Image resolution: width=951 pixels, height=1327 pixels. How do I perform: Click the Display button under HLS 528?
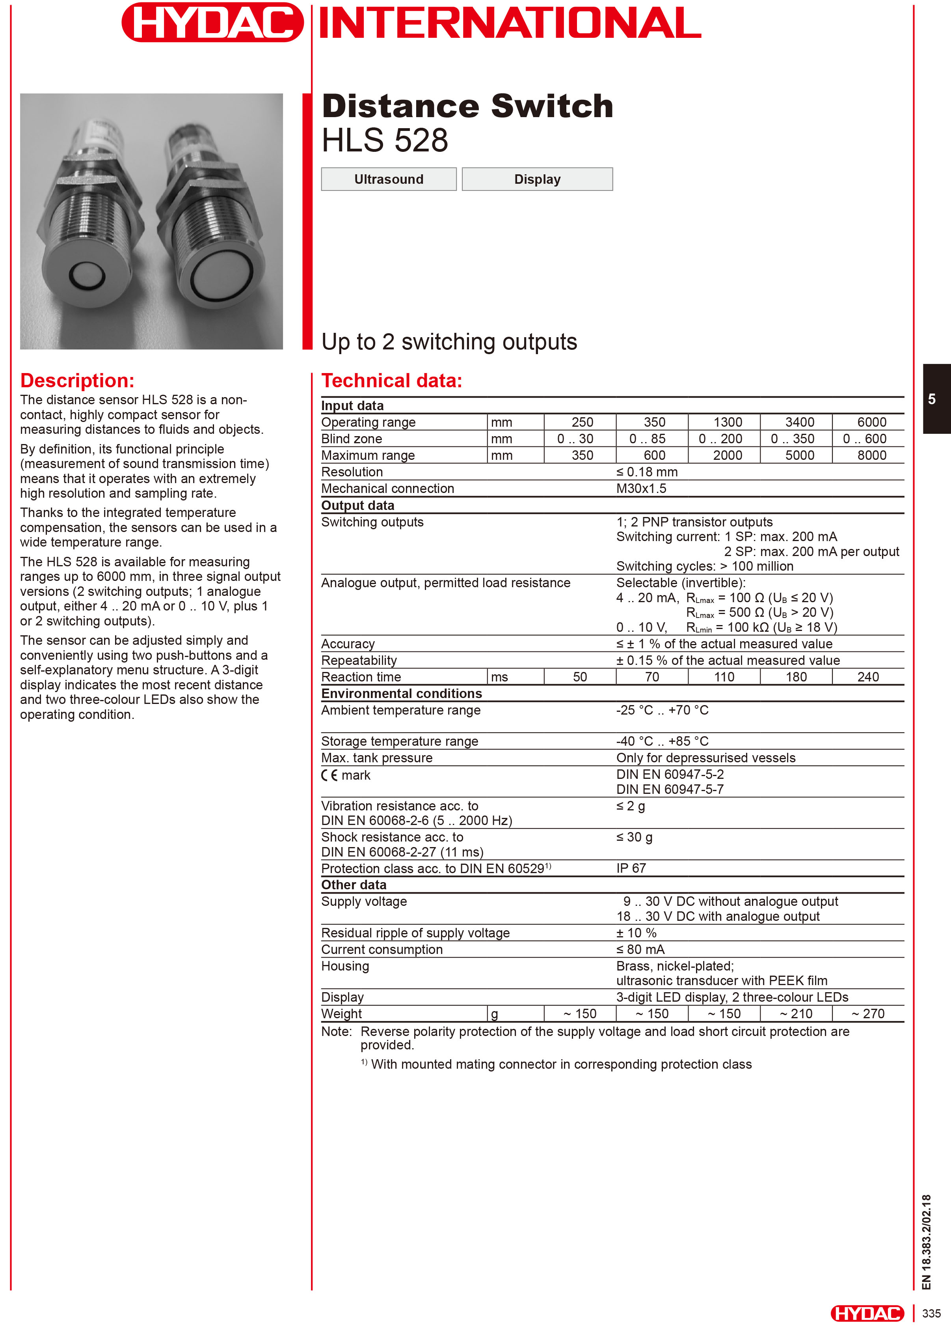[x=537, y=179]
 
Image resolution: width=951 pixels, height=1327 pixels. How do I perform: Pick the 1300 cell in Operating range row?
[x=727, y=422]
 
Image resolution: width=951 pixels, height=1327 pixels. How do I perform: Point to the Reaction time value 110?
[x=724, y=677]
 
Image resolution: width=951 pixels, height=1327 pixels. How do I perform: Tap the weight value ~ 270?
[x=868, y=1013]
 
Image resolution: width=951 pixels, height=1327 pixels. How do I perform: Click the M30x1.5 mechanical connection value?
[x=641, y=489]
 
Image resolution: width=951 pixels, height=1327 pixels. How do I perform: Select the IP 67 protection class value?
[x=631, y=868]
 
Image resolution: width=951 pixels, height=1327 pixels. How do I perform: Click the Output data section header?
[x=357, y=506]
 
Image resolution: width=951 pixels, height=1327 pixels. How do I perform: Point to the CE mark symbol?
[x=329, y=775]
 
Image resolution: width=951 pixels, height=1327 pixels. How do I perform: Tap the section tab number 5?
[x=932, y=399]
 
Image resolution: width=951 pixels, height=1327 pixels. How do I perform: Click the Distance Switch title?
[x=467, y=106]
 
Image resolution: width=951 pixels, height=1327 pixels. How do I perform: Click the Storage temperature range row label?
[x=400, y=741]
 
